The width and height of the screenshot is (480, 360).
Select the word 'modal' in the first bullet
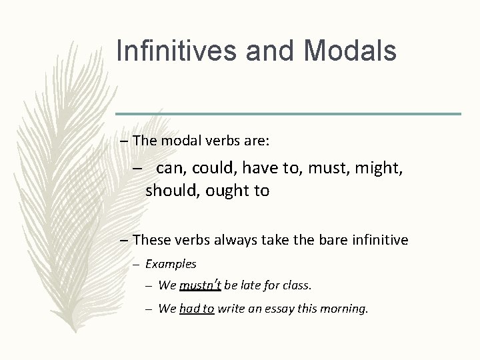178,141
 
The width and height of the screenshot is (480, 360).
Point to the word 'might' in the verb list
380,169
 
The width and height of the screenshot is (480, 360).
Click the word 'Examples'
171,264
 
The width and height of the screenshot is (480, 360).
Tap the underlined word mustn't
200,285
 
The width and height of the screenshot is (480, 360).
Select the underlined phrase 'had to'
197,309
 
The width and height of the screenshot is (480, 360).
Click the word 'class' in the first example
297,285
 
